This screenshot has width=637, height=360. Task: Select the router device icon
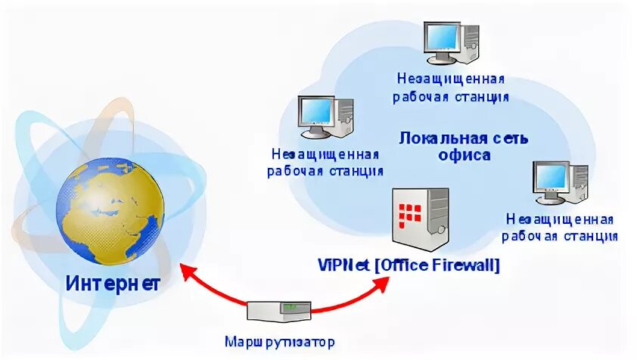pyautogui.click(x=279, y=311)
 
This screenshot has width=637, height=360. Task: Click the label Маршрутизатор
pyautogui.click(x=279, y=341)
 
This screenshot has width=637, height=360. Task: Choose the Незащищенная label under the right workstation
pyautogui.click(x=560, y=219)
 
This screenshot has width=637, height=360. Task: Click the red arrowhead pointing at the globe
pyautogui.click(x=185, y=268)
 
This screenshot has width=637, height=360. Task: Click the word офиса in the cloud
pyautogui.click(x=465, y=156)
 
